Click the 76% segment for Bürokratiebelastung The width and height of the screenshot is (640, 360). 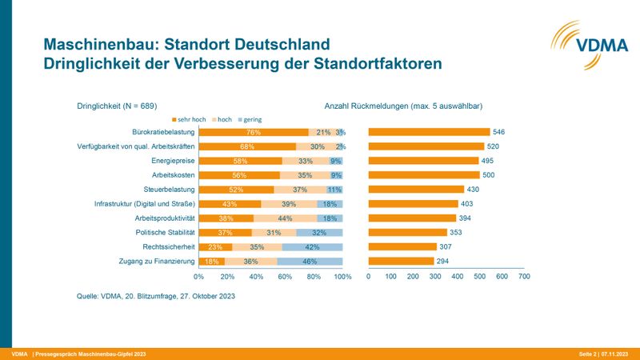(x=254, y=132)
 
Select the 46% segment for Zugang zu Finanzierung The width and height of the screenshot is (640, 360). (x=310, y=262)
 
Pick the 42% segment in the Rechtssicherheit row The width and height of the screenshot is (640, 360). (x=313, y=247)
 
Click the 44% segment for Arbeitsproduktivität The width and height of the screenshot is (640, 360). (x=285, y=218)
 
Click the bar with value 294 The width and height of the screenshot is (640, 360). (x=401, y=262)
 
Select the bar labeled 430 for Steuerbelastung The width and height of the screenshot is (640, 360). (x=416, y=190)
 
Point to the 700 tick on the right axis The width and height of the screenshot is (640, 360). (x=524, y=277)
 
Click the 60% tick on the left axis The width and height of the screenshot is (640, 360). (x=285, y=277)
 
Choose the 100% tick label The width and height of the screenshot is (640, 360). (x=342, y=277)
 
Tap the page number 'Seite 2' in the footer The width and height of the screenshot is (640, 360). (x=589, y=354)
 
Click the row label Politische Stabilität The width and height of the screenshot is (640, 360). (x=165, y=233)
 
